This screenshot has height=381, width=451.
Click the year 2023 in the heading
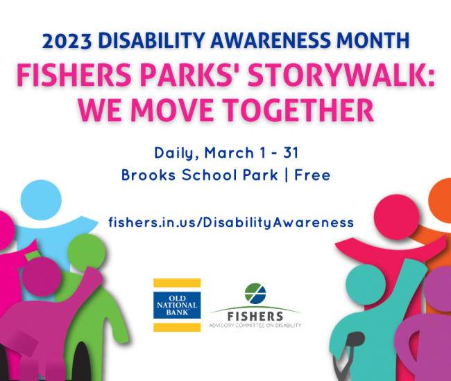[67, 41]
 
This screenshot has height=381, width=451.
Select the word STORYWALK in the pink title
[334, 75]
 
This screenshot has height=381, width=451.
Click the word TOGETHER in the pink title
[298, 110]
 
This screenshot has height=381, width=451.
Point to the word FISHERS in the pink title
[74, 75]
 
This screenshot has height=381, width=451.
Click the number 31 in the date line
[291, 152]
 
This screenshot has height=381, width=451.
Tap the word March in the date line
[229, 152]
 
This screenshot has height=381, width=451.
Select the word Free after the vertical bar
[312, 175]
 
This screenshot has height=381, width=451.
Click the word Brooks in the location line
[148, 175]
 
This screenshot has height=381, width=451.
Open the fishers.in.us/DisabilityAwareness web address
[231, 222]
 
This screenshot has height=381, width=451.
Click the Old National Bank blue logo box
[177, 305]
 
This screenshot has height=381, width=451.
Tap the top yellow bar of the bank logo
[177, 283]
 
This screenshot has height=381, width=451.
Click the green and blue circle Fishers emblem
[255, 294]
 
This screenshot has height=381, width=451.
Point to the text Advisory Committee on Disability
[255, 326]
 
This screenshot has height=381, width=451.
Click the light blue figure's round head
[41, 200]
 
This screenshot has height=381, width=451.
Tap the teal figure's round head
[366, 285]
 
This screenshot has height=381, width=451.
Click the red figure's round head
[397, 217]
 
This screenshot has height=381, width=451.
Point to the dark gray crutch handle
[356, 339]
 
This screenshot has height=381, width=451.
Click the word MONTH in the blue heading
[373, 40]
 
